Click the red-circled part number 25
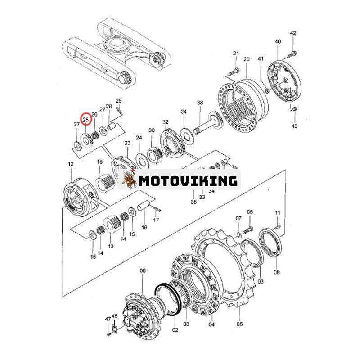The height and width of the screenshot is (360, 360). pyautogui.click(x=85, y=120)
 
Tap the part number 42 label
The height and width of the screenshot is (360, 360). pyautogui.click(x=293, y=33)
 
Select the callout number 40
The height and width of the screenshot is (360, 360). pyautogui.click(x=278, y=41)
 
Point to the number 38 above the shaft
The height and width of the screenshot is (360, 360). pyautogui.click(x=200, y=103)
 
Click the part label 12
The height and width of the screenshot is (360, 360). pyautogui.click(x=71, y=164)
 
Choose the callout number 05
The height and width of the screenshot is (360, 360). pyautogui.click(x=239, y=324)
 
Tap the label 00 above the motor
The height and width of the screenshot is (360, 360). pyautogui.click(x=143, y=271)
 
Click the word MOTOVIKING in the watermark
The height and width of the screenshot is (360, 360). pyautogui.click(x=188, y=181)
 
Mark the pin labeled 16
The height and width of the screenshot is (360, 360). pyautogui.click(x=144, y=205)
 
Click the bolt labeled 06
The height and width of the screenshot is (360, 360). pyautogui.click(x=248, y=229)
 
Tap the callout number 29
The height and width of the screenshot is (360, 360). pyautogui.click(x=118, y=100)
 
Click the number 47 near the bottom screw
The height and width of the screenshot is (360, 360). pyautogui.click(x=108, y=319)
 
